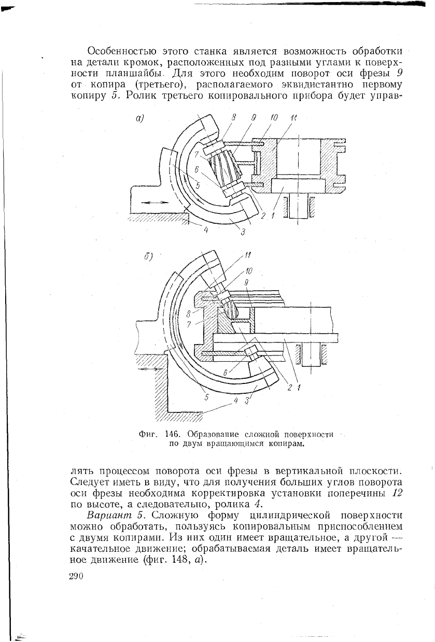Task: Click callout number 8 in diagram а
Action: coord(234,118)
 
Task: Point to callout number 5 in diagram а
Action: coord(198,186)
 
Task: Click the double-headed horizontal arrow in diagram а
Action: coord(155,203)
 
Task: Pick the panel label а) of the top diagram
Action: coord(139,118)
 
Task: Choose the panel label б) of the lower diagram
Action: coord(148,256)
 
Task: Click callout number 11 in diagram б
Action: coord(248,255)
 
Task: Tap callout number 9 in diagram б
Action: coord(246,283)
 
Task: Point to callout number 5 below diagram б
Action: coord(206,398)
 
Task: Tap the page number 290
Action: coord(76,576)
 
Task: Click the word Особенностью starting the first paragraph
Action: coord(122,52)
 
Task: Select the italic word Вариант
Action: coord(109,515)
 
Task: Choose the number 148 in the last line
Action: coord(172,559)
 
